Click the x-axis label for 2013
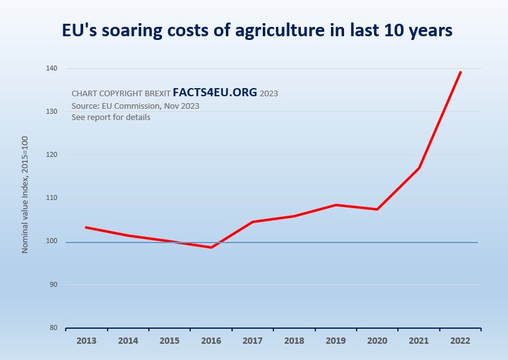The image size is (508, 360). tap(86, 341)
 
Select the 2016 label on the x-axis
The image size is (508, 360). tap(211, 341)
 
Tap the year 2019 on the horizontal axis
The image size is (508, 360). tap(335, 341)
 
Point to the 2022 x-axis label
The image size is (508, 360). tap(460, 341)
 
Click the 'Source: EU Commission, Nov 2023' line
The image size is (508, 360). tap(135, 106)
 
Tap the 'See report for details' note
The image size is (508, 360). tap(111, 117)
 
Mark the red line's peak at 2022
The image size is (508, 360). tap(460, 72)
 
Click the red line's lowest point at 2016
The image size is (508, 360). tap(211, 247)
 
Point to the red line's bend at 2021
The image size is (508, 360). tap(419, 168)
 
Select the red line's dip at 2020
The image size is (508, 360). tap(377, 209)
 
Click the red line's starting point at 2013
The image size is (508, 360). tap(86, 227)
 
